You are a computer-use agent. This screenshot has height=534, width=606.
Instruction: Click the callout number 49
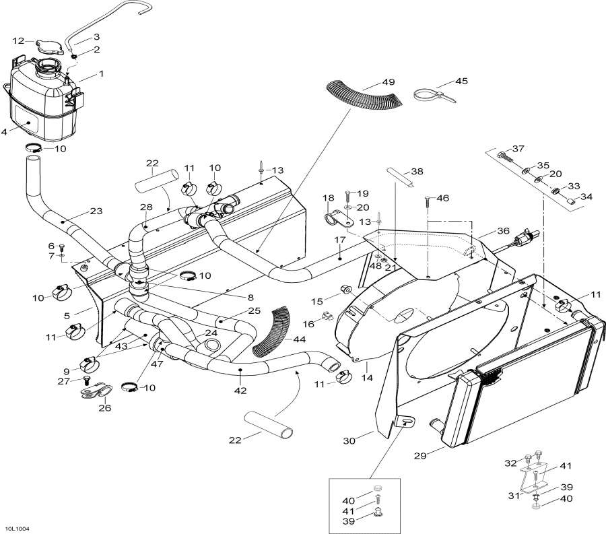(x=389, y=82)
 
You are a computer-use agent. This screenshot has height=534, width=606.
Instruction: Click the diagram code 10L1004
(x=16, y=529)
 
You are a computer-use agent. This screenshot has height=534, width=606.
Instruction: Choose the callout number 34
(x=586, y=197)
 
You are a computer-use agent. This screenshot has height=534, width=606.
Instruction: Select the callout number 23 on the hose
(x=96, y=211)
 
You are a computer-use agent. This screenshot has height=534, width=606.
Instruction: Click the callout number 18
(x=329, y=198)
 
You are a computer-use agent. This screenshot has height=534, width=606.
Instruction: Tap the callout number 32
(x=510, y=463)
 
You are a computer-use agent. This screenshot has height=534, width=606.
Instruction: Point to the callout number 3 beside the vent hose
(x=96, y=36)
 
